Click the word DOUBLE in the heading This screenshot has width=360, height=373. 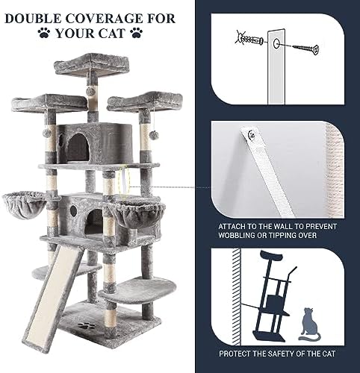tap(33, 19)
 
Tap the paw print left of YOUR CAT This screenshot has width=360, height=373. tap(44, 33)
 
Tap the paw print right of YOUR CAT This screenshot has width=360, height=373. tap(137, 33)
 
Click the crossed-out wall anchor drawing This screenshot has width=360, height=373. tap(249, 40)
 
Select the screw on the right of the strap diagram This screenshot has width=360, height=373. tap(305, 48)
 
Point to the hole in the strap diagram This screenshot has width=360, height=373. tap(276, 44)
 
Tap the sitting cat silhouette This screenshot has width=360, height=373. tap(309, 325)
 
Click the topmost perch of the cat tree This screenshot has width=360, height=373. tap(92, 65)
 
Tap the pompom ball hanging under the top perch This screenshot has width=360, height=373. tap(90, 91)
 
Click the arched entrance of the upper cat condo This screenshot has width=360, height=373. tap(78, 147)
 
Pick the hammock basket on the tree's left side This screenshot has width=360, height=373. tap(25, 204)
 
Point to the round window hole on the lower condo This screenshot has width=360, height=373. tap(73, 210)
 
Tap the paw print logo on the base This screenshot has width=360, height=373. tap(86, 325)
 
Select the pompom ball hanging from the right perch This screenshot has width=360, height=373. tap(154, 135)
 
